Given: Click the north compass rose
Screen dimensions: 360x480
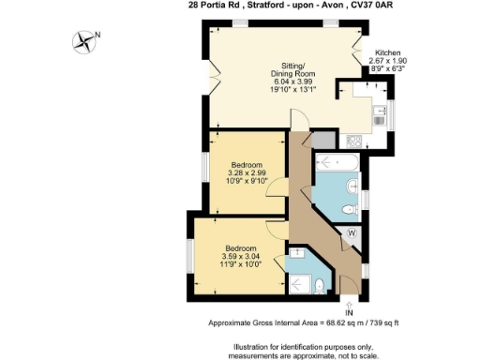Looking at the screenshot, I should coord(86,40).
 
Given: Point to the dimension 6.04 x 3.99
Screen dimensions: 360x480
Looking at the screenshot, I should coord(289,83).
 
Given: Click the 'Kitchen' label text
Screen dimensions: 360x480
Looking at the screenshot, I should coord(388,52).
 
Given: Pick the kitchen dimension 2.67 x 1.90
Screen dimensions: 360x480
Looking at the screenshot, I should coord(388,61).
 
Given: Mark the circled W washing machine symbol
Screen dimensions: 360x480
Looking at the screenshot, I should coord(352,232).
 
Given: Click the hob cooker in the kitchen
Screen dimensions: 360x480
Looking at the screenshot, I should coord(354,141).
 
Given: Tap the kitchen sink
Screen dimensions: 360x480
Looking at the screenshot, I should coord(379,115).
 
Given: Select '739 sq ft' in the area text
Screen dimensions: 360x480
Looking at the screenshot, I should coord(380,322).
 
